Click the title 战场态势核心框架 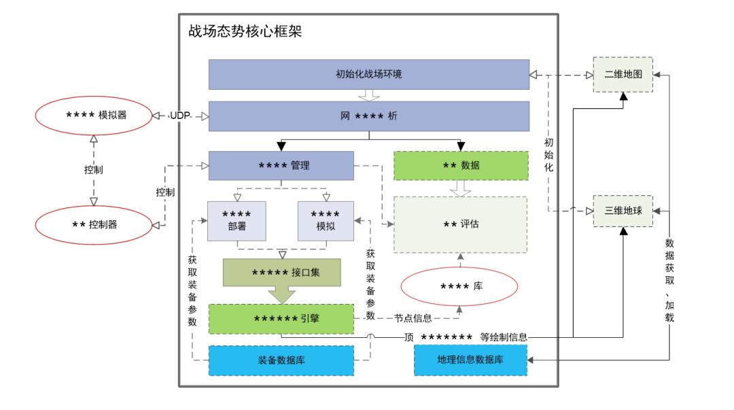[245, 32]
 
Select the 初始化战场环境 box [368, 74]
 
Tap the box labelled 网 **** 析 [368, 116]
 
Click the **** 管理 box [281, 165]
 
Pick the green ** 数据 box [461, 165]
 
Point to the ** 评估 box [461, 224]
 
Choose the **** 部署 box [237, 220]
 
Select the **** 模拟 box [326, 220]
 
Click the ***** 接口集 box [281, 273]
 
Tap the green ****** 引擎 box [281, 319]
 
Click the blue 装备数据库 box [281, 360]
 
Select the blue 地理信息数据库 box [470, 360]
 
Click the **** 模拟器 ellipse [94, 116]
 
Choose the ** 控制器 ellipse [94, 224]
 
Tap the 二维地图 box [623, 74]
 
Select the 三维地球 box [623, 211]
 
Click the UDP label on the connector [179, 116]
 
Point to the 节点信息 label [413, 318]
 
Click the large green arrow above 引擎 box [281, 295]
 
